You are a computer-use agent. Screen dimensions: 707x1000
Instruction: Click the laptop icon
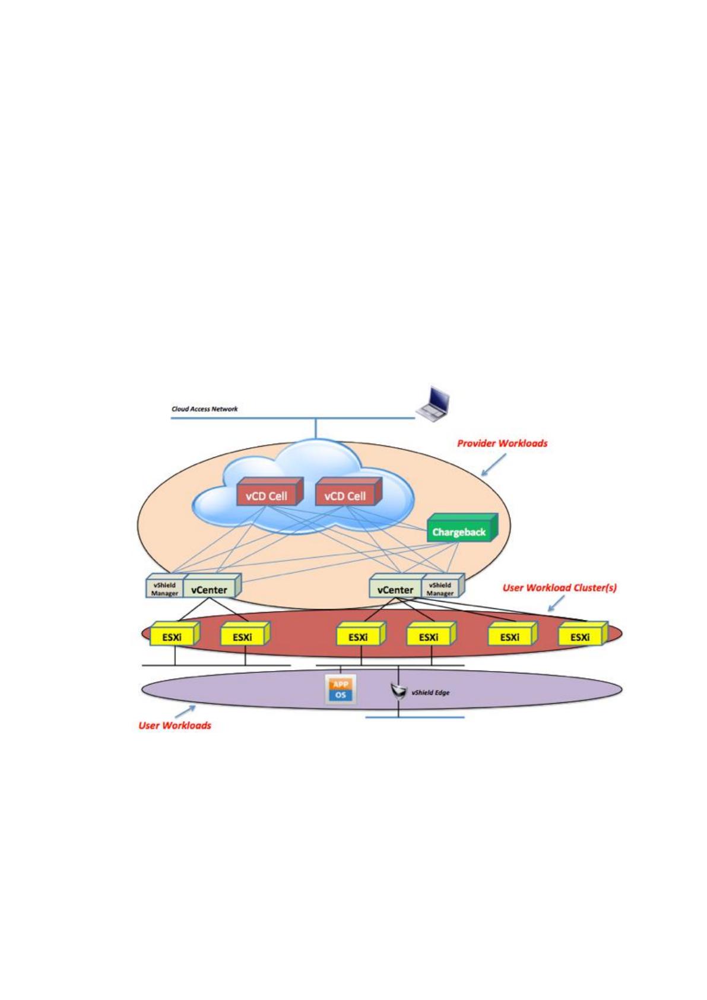point(432,404)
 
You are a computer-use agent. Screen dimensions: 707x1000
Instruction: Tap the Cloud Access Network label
point(204,409)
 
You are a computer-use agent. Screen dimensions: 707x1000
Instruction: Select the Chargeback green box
point(462,528)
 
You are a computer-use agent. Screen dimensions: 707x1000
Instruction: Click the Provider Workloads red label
point(502,444)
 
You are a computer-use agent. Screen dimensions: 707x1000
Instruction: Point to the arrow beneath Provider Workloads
point(494,464)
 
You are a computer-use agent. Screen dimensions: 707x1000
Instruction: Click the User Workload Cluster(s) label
point(560,587)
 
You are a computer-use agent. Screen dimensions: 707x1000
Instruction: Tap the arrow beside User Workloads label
point(185,711)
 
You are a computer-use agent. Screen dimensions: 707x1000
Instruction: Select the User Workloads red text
point(175,725)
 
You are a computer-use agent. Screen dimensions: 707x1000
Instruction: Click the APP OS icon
point(341,690)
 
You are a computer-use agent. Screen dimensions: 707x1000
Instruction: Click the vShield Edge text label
point(430,692)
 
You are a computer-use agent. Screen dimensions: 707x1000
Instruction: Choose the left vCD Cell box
point(270,492)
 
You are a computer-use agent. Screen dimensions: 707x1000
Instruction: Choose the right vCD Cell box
point(348,492)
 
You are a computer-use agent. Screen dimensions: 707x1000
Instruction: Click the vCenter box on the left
point(213,586)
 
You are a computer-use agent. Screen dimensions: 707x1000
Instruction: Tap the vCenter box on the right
point(395,586)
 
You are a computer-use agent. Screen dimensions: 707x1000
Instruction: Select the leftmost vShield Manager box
point(164,586)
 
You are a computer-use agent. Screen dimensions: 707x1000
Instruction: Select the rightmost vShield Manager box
point(443,586)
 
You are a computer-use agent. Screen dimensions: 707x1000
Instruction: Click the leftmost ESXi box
point(175,634)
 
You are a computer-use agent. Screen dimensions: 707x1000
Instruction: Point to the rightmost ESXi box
point(583,634)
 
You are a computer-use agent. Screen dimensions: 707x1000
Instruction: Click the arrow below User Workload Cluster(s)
point(556,603)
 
